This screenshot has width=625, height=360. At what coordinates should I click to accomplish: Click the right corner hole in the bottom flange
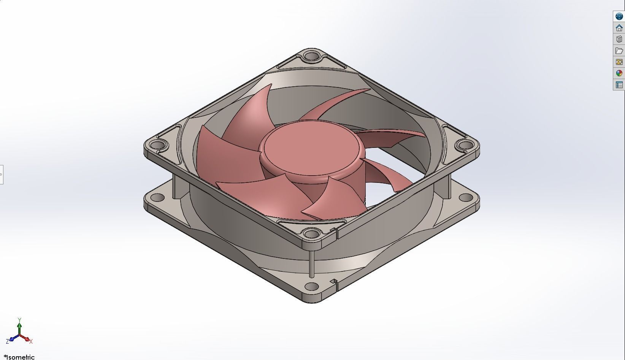coord(466,197)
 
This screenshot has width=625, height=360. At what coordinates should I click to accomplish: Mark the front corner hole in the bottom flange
coord(311,286)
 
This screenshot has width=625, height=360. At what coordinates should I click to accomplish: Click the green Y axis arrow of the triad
coord(19,325)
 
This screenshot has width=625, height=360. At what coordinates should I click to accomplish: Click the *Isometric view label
coord(19,357)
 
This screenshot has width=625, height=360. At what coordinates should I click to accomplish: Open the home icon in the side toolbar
coord(619,28)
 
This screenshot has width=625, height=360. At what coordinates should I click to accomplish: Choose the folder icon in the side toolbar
coord(619,51)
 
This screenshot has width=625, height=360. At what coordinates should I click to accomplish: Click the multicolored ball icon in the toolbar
coord(619,73)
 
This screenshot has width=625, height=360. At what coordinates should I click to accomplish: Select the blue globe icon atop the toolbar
coord(619,16)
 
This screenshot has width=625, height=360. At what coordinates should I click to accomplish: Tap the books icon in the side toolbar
coord(619,39)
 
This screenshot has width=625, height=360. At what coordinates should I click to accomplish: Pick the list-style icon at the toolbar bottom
coord(619,85)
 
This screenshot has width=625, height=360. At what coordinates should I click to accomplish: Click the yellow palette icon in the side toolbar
coord(619,62)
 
